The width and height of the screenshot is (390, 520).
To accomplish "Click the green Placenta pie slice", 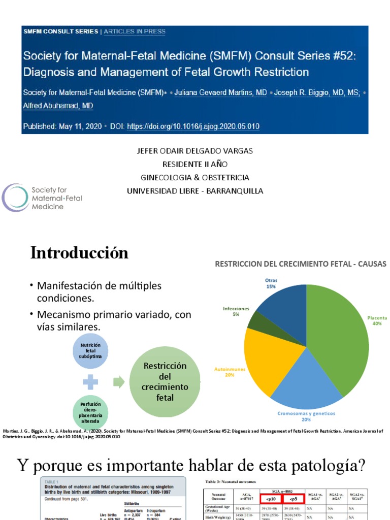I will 338,335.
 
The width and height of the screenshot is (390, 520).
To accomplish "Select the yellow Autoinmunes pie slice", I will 264,355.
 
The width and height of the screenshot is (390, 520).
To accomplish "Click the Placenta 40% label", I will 377,320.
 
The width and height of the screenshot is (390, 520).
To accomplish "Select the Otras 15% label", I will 271,283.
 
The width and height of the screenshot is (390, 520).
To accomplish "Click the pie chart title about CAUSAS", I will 301,264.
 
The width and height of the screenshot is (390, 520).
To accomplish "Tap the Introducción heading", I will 79,253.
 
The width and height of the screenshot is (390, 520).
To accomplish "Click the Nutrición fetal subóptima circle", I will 90,351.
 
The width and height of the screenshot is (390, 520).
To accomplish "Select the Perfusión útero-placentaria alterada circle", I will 90,411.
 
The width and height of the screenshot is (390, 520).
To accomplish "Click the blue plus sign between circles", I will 91,381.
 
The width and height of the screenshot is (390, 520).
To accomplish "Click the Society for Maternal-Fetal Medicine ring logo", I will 14,198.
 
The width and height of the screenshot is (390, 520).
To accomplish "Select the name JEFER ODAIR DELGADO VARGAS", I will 194,151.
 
